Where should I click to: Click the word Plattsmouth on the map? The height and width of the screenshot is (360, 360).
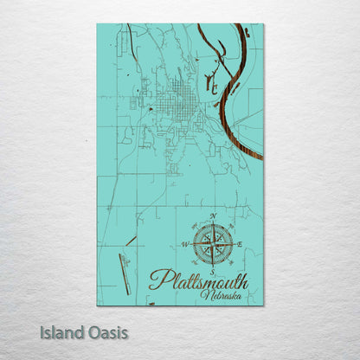[x=198, y=280]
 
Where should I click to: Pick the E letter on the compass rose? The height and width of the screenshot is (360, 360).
[x=241, y=245]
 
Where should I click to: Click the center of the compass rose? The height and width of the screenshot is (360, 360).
[x=213, y=244]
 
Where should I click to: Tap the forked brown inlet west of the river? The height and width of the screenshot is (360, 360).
[x=210, y=84]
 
